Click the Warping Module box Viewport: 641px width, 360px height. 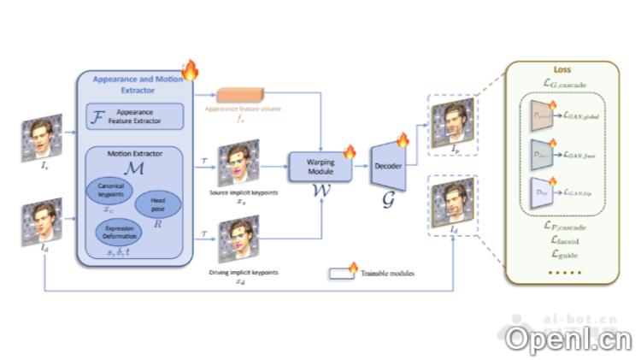pyautogui.click(x=320, y=166)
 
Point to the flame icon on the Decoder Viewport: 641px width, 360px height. pyautogui.click(x=403, y=139)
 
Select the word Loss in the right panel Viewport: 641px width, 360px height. pyautogui.click(x=562, y=70)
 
